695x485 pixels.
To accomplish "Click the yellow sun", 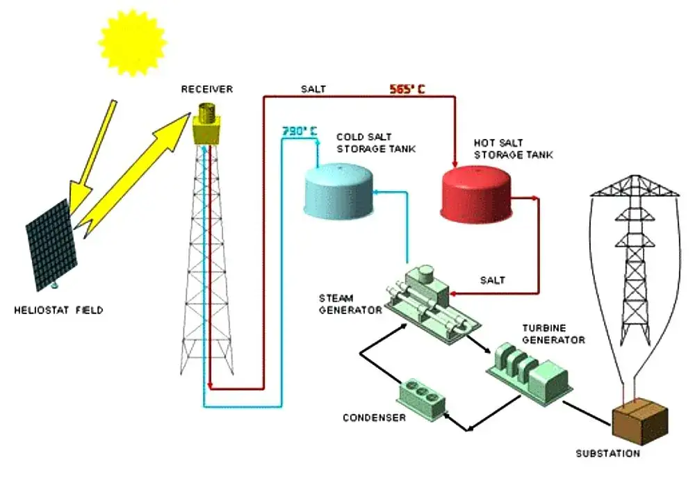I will (x=133, y=42).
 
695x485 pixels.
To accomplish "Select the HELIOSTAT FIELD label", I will (x=58, y=310).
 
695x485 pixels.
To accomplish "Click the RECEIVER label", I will (x=207, y=89).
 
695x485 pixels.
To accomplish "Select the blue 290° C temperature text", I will (x=300, y=131).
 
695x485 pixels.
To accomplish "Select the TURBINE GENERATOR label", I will (x=554, y=334).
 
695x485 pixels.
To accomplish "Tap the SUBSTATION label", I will (x=608, y=454).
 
